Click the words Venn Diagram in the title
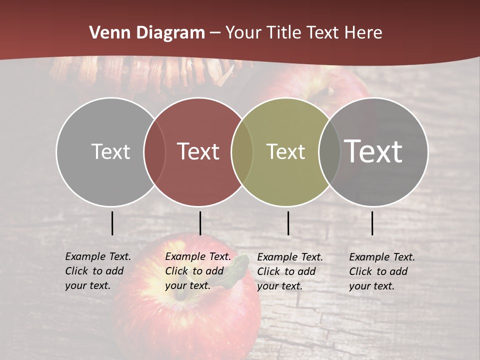(x=147, y=33)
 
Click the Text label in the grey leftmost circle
(x=110, y=151)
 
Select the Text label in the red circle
(x=198, y=151)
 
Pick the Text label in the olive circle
(x=285, y=151)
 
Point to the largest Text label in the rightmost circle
(x=373, y=151)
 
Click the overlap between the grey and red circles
(x=154, y=152)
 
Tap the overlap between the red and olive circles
(x=242, y=152)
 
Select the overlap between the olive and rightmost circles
(x=329, y=152)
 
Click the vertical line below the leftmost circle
(x=112, y=223)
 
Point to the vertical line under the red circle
(x=200, y=223)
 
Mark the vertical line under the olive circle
(x=288, y=223)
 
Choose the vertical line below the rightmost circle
(x=372, y=223)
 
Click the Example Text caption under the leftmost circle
(x=97, y=271)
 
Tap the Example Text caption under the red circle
(x=197, y=271)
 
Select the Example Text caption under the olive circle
(x=289, y=271)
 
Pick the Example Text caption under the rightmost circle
(x=381, y=271)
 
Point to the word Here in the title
(x=363, y=33)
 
